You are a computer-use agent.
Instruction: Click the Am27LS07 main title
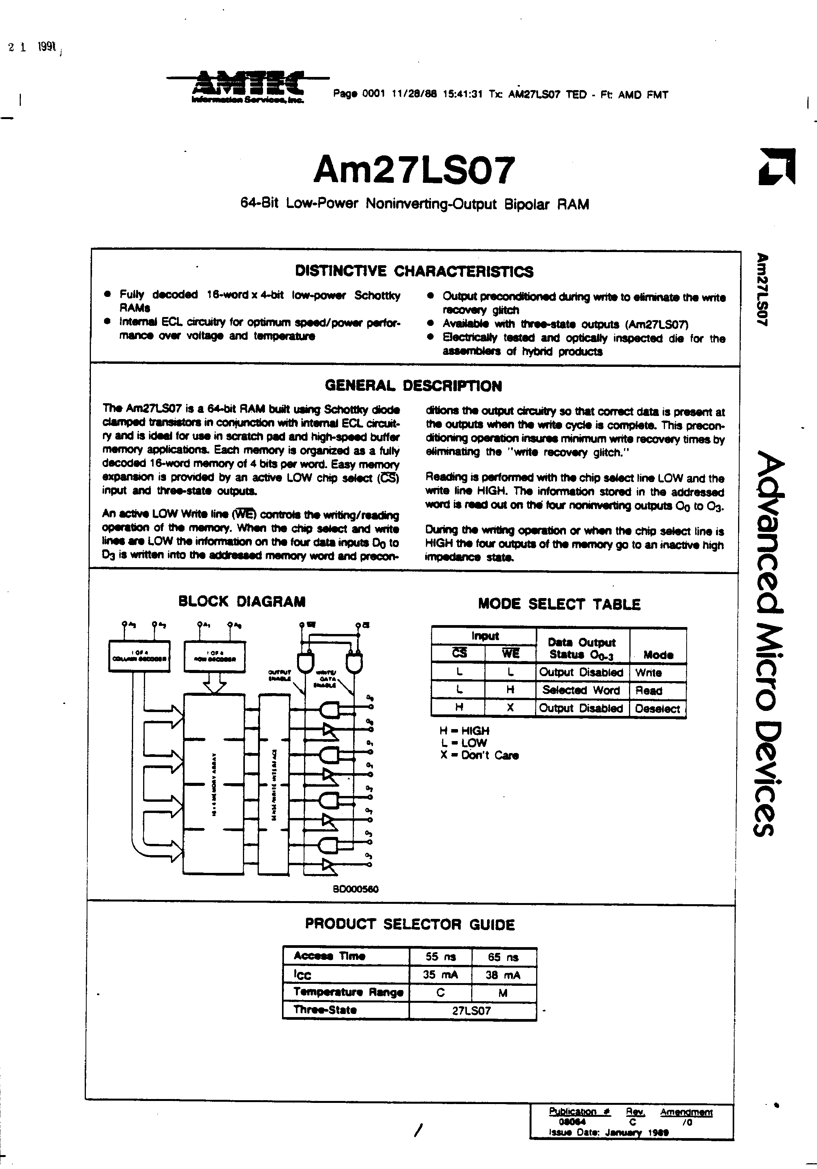click(x=414, y=170)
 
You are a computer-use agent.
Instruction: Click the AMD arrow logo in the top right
click(x=777, y=167)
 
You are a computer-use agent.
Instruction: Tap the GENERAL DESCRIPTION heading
click(x=413, y=386)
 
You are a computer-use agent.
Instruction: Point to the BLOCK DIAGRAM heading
click(x=241, y=601)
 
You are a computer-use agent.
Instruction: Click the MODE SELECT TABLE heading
click(x=559, y=604)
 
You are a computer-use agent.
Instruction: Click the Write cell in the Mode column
click(x=648, y=673)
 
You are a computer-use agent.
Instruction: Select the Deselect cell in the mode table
click(x=657, y=709)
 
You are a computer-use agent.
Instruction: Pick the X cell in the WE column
click(x=510, y=708)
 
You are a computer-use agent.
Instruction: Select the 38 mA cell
click(x=503, y=975)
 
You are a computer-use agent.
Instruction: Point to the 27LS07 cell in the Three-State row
click(x=472, y=1011)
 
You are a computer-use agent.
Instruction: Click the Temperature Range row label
click(x=348, y=992)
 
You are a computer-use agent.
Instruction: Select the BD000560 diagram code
click(x=355, y=889)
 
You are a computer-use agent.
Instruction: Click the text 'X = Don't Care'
click(x=479, y=756)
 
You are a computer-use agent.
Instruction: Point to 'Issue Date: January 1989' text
click(x=608, y=1147)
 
